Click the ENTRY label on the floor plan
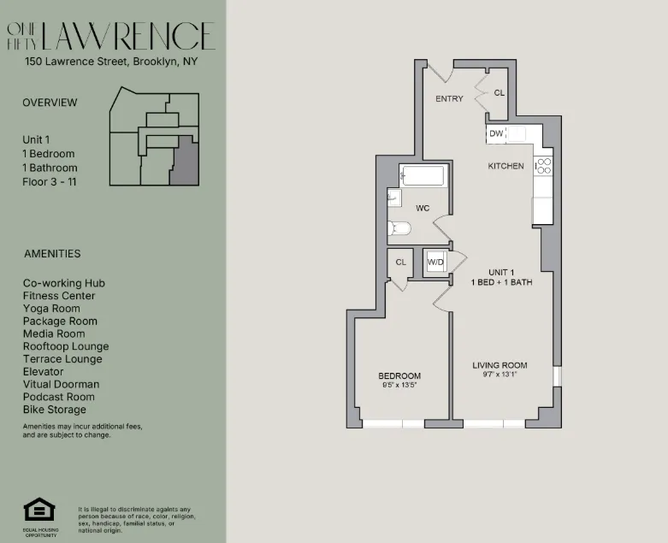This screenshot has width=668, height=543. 449,99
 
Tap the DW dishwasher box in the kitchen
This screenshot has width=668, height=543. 496,133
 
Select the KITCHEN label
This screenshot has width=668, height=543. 505,166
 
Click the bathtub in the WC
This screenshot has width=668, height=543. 423,177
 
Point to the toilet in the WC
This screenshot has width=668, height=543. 399,228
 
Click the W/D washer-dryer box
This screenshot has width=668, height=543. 436,262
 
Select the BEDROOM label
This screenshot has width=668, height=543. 399,376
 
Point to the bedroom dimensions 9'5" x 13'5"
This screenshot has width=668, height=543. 399,386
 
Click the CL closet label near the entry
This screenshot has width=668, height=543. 500,92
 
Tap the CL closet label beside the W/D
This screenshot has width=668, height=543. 400,262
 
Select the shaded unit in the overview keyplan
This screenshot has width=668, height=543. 184,162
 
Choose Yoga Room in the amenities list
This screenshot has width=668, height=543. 51,309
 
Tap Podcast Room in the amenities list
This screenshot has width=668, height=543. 59,397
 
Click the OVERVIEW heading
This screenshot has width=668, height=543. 50,103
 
